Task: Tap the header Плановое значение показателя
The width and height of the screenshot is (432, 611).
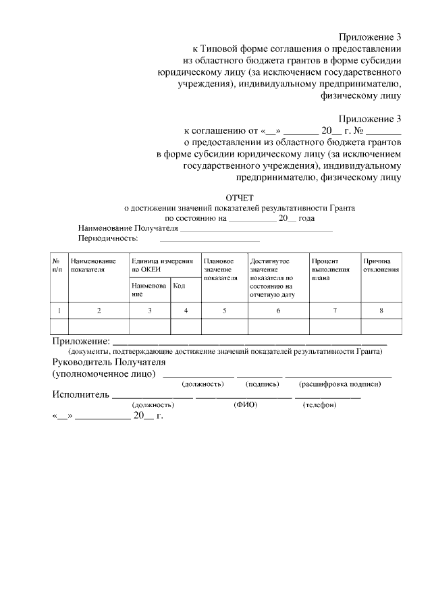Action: pos(220,269)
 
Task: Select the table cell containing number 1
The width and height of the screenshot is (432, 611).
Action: pos(59,311)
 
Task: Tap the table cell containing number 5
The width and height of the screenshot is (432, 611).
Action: pos(225,311)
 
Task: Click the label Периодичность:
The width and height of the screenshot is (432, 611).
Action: pos(108,238)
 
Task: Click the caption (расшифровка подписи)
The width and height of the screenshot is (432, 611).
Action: pos(341,384)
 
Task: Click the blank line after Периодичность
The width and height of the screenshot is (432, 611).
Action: pos(209,240)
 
